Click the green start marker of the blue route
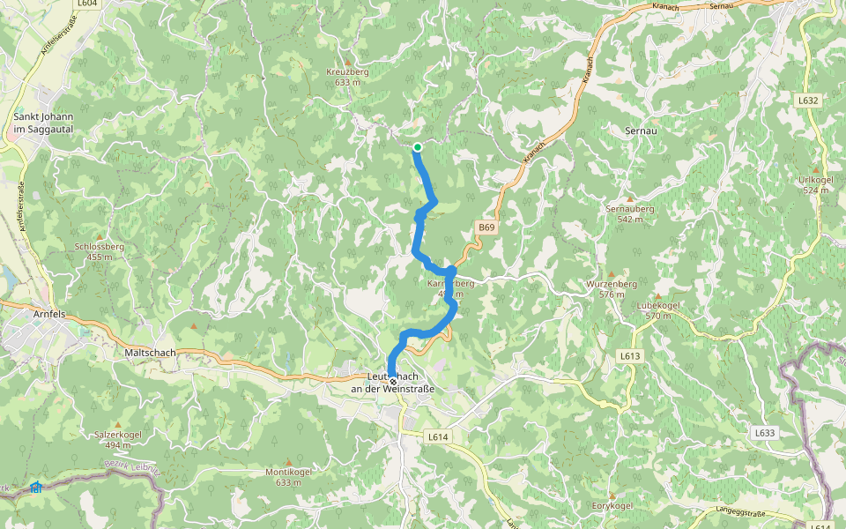pos(417,147)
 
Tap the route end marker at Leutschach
pos(393,381)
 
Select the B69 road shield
pos(487,227)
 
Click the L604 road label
pos(86,4)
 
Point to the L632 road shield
pos(809,101)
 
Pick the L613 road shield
pos(628,355)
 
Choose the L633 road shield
pos(765,433)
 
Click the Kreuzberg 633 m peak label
pos(345,77)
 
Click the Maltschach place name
pos(145,353)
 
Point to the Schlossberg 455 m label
pos(99,251)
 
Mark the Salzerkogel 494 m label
pos(117,439)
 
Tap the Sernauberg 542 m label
pos(630,213)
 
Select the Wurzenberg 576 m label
pos(612,289)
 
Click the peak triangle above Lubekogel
pos(657,295)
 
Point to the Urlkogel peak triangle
pos(815,169)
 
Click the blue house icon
pos(35,487)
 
